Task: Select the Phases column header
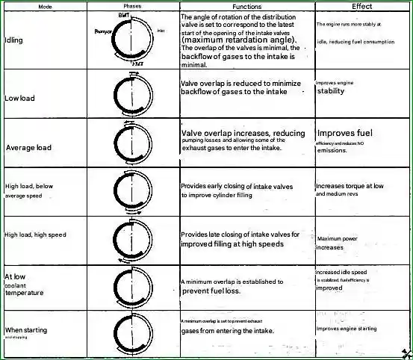[x=132, y=5]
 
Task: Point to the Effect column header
[x=362, y=5]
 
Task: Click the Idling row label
[x=13, y=40]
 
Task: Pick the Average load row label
[x=28, y=148]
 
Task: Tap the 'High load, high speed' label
[x=35, y=235]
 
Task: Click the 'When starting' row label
[x=26, y=329]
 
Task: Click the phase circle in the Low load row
[x=132, y=94]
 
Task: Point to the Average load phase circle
[x=132, y=143]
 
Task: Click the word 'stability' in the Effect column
[x=331, y=92]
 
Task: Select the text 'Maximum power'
[x=340, y=239]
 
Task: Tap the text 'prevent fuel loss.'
[x=211, y=291]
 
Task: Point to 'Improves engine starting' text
[x=347, y=329]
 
